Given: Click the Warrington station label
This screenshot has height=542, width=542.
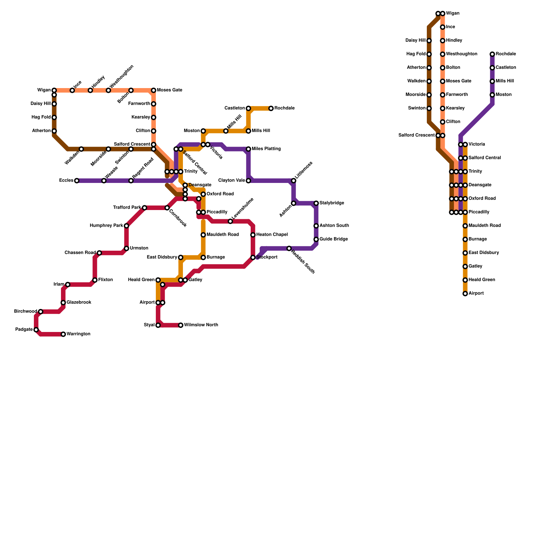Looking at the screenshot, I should (78, 334).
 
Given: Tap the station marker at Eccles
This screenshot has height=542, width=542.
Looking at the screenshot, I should (77, 181).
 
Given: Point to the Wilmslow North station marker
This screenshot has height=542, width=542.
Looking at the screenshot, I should (181, 325).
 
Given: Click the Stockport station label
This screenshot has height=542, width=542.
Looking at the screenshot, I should (267, 257).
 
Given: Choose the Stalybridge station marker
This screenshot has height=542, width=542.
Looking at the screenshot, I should (316, 203).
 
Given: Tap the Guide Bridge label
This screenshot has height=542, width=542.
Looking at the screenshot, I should (334, 239).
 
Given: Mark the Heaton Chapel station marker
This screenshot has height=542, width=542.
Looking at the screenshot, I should (253, 235).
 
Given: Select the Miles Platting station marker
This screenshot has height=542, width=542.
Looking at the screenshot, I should (249, 149).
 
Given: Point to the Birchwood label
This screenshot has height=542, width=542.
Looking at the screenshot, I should (25, 311).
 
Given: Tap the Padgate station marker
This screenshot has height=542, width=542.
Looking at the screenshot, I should (36, 330).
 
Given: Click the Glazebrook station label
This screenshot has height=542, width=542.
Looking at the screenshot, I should (79, 302).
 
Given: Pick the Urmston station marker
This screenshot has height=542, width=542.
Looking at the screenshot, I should (126, 248).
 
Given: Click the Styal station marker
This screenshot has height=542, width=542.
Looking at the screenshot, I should (158, 325).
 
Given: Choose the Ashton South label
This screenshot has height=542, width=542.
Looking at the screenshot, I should (334, 226).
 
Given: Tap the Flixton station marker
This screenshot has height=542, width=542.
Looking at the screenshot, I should (95, 280).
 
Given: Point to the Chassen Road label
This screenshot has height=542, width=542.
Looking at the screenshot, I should (80, 253).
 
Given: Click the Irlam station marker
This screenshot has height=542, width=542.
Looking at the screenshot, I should (68, 285).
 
